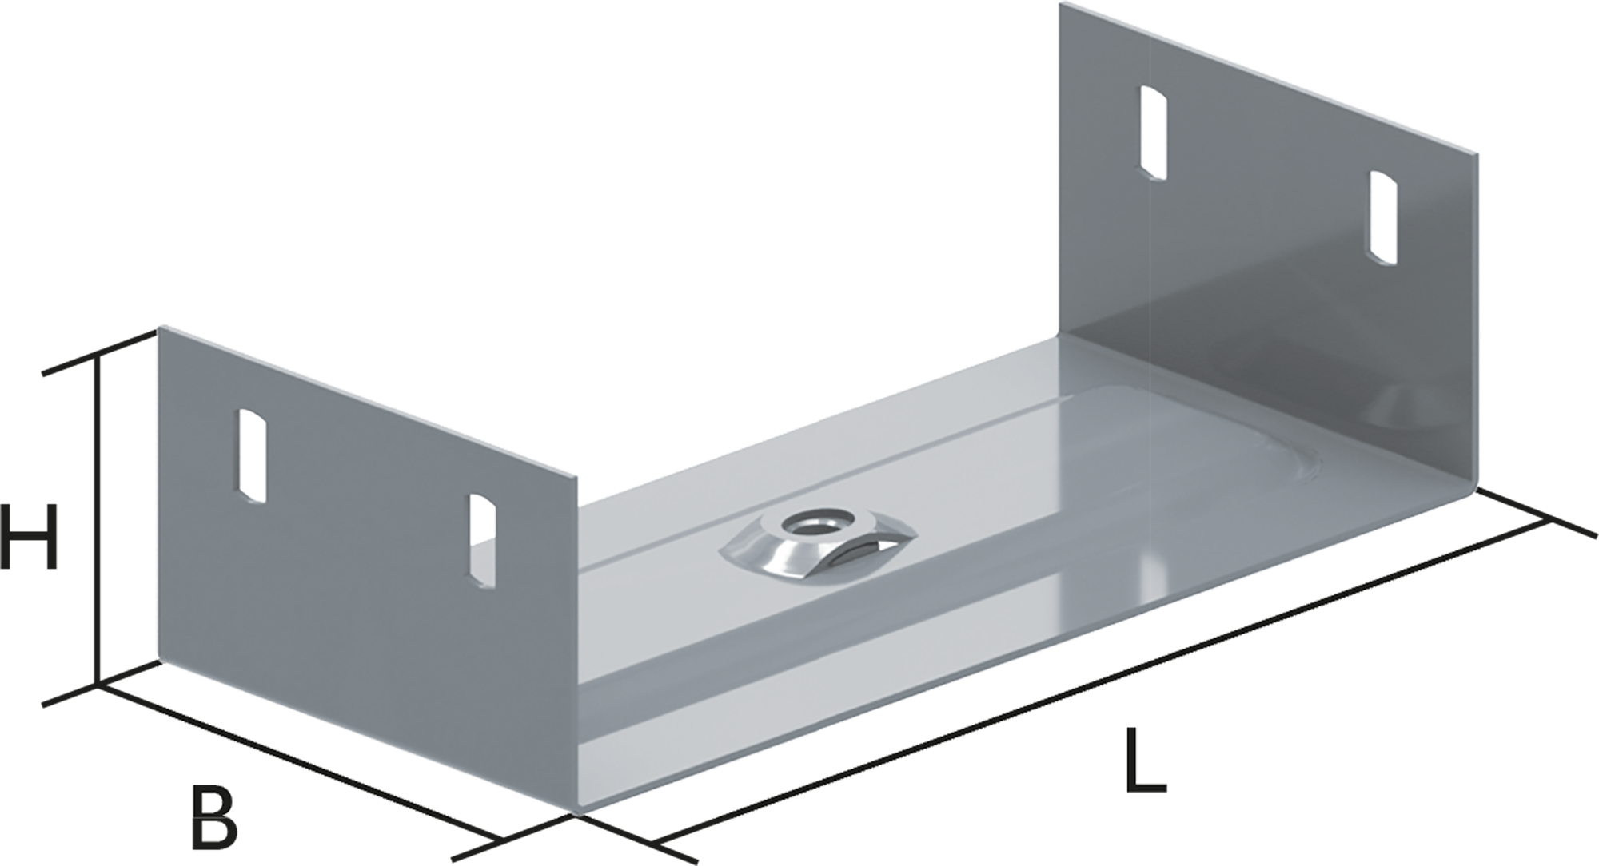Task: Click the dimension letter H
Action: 30,536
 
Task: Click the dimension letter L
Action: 1145,759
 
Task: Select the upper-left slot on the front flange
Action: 252,455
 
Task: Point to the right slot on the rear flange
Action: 1383,216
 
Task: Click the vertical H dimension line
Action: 98,519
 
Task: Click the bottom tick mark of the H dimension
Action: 98,685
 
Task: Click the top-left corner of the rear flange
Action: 1061,3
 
